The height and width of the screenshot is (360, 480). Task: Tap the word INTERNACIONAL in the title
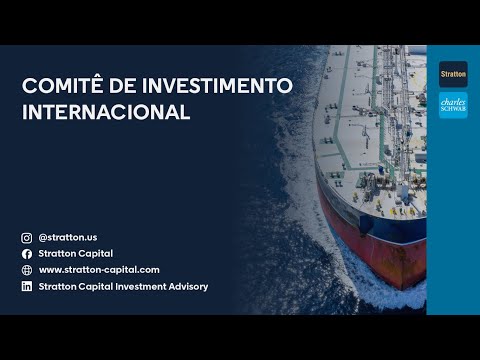coord(106,112)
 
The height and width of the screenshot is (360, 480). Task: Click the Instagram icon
coord(27,238)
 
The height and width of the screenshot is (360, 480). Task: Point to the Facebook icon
coord(27,254)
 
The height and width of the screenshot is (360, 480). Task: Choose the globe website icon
coord(27,270)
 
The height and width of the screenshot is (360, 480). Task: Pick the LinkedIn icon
coord(27,287)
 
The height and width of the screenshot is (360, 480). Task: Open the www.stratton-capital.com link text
coord(99,270)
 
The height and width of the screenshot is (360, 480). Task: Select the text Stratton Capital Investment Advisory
coord(123,287)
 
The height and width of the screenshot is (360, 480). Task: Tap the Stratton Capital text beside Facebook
coord(75,254)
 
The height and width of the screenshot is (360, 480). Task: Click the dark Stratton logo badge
coord(453,73)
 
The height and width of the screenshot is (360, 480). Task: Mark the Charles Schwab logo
coord(453,105)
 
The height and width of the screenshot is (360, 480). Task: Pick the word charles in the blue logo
coord(453,99)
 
